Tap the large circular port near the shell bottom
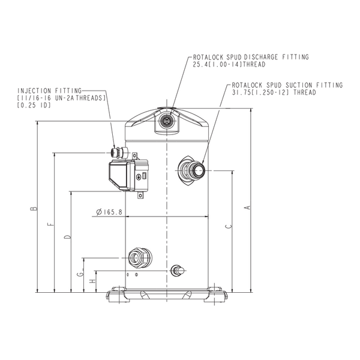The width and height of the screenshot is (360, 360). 140,257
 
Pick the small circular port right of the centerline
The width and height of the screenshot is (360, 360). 176,271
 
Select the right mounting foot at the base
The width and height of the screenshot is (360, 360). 215,296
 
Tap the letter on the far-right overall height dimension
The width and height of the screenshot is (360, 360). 245,207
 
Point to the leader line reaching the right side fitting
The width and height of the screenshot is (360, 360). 217,120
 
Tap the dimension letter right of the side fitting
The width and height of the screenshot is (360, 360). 225,226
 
